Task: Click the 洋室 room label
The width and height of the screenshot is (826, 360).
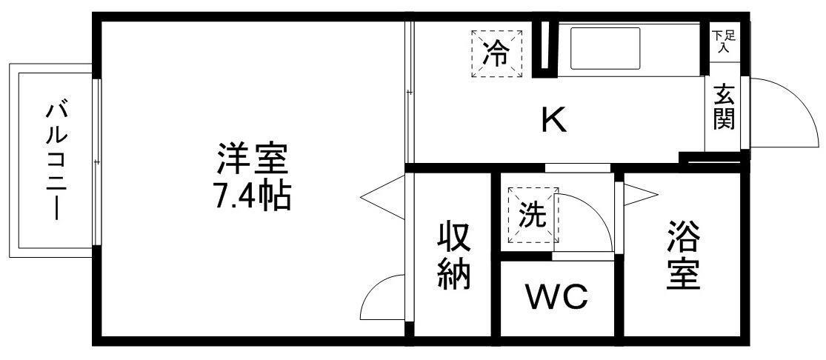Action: pos(251,158)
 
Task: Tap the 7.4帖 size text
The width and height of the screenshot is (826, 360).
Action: pos(252,197)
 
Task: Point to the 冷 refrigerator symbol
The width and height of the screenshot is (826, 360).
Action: pos(496,53)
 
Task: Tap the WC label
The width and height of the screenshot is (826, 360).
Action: pos(556,297)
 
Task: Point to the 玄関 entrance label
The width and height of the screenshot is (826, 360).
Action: pos(724,107)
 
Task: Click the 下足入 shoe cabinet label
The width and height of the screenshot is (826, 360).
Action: pos(723,41)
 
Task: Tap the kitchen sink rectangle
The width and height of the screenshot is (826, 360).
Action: pos(606,47)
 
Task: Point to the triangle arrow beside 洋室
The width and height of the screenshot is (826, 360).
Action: pos(381,196)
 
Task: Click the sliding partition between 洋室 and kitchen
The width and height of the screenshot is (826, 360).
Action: pos(408,92)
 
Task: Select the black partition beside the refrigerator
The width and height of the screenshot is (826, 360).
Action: pos(544,49)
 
